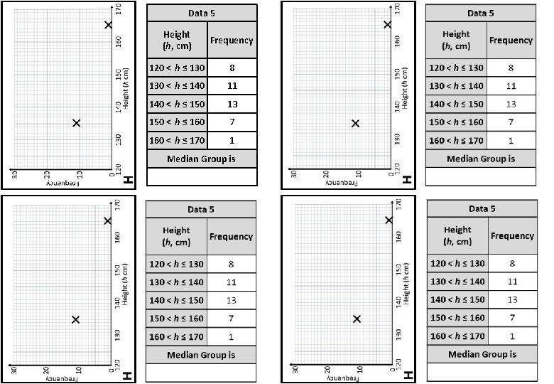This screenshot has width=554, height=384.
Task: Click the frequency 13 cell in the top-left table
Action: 232,105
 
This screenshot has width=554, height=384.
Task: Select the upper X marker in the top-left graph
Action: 109,25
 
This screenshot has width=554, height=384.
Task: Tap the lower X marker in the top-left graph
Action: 77,123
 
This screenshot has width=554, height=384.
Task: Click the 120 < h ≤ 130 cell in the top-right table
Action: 456,68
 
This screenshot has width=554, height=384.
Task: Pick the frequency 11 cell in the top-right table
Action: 511,86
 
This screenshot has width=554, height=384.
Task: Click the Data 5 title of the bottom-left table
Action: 201,209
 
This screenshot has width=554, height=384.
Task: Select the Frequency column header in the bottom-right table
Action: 512,235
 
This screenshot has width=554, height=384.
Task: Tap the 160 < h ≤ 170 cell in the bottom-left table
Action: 176,336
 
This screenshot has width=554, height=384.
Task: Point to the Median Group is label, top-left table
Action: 201,158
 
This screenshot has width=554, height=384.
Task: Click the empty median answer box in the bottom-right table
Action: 482,372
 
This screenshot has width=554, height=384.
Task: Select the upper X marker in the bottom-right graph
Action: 389,220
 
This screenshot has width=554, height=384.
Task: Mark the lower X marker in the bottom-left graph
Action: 75,320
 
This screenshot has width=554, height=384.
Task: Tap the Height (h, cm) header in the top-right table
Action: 456,40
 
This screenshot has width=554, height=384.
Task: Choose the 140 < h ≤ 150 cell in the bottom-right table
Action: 457,299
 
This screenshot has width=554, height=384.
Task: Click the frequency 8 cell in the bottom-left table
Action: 231,264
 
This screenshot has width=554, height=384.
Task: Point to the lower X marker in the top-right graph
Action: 356,123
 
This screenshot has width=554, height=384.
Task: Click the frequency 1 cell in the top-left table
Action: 232,140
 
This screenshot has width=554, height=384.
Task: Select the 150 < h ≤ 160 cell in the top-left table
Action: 177,122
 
